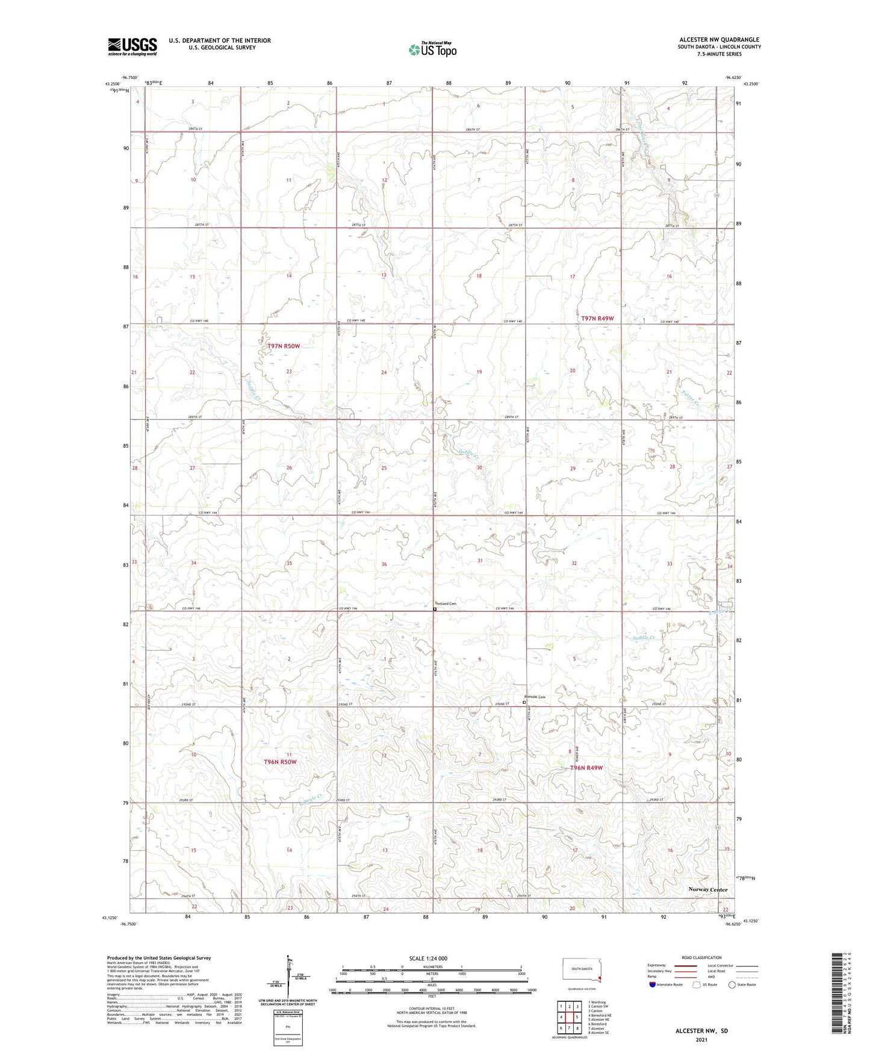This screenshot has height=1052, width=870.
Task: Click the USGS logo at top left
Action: click(x=132, y=46)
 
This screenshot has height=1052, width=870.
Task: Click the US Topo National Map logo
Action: click(x=432, y=49)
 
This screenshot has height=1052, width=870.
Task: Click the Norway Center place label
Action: click(x=708, y=889)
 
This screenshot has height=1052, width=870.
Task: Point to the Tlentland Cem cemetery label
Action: click(x=446, y=604)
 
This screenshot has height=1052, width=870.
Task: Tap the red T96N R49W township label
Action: click(x=586, y=768)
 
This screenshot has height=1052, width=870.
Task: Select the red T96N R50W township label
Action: click(x=281, y=762)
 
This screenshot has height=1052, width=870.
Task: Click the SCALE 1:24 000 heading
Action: click(x=428, y=958)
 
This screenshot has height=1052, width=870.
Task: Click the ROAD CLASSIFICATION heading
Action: click(x=701, y=957)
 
